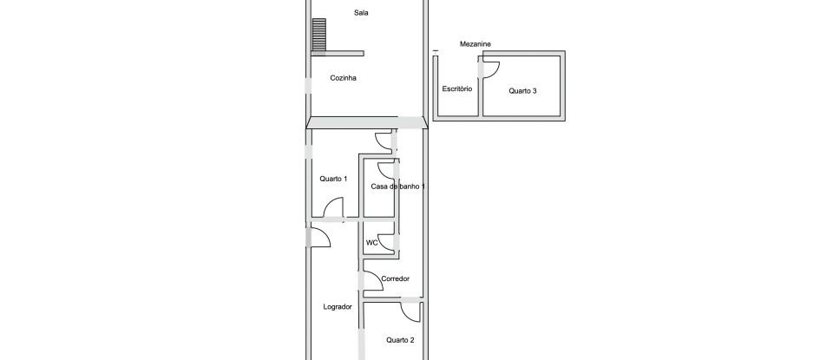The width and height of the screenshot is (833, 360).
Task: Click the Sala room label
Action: pos(361,12)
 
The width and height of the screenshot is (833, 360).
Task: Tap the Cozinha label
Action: pos(344,78)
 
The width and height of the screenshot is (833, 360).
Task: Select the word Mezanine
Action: pos(476,44)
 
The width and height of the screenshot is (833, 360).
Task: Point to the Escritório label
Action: pos(456,89)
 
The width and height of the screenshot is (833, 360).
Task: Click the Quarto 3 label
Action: pos(522,89)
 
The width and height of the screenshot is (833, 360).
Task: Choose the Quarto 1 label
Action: pos(333,179)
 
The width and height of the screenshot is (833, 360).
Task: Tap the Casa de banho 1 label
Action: pos(398,187)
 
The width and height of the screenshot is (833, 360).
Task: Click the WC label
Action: pos(371,243)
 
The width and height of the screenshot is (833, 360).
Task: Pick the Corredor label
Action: pos(395,278)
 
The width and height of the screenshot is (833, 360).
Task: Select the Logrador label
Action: pos(337,306)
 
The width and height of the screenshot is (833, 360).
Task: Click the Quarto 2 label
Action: pos(400,340)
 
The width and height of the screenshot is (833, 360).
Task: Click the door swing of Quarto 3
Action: pos(491,70)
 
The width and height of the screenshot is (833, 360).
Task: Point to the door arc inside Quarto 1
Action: pos(334,208)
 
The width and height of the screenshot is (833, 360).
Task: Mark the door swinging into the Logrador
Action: pos(319,236)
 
